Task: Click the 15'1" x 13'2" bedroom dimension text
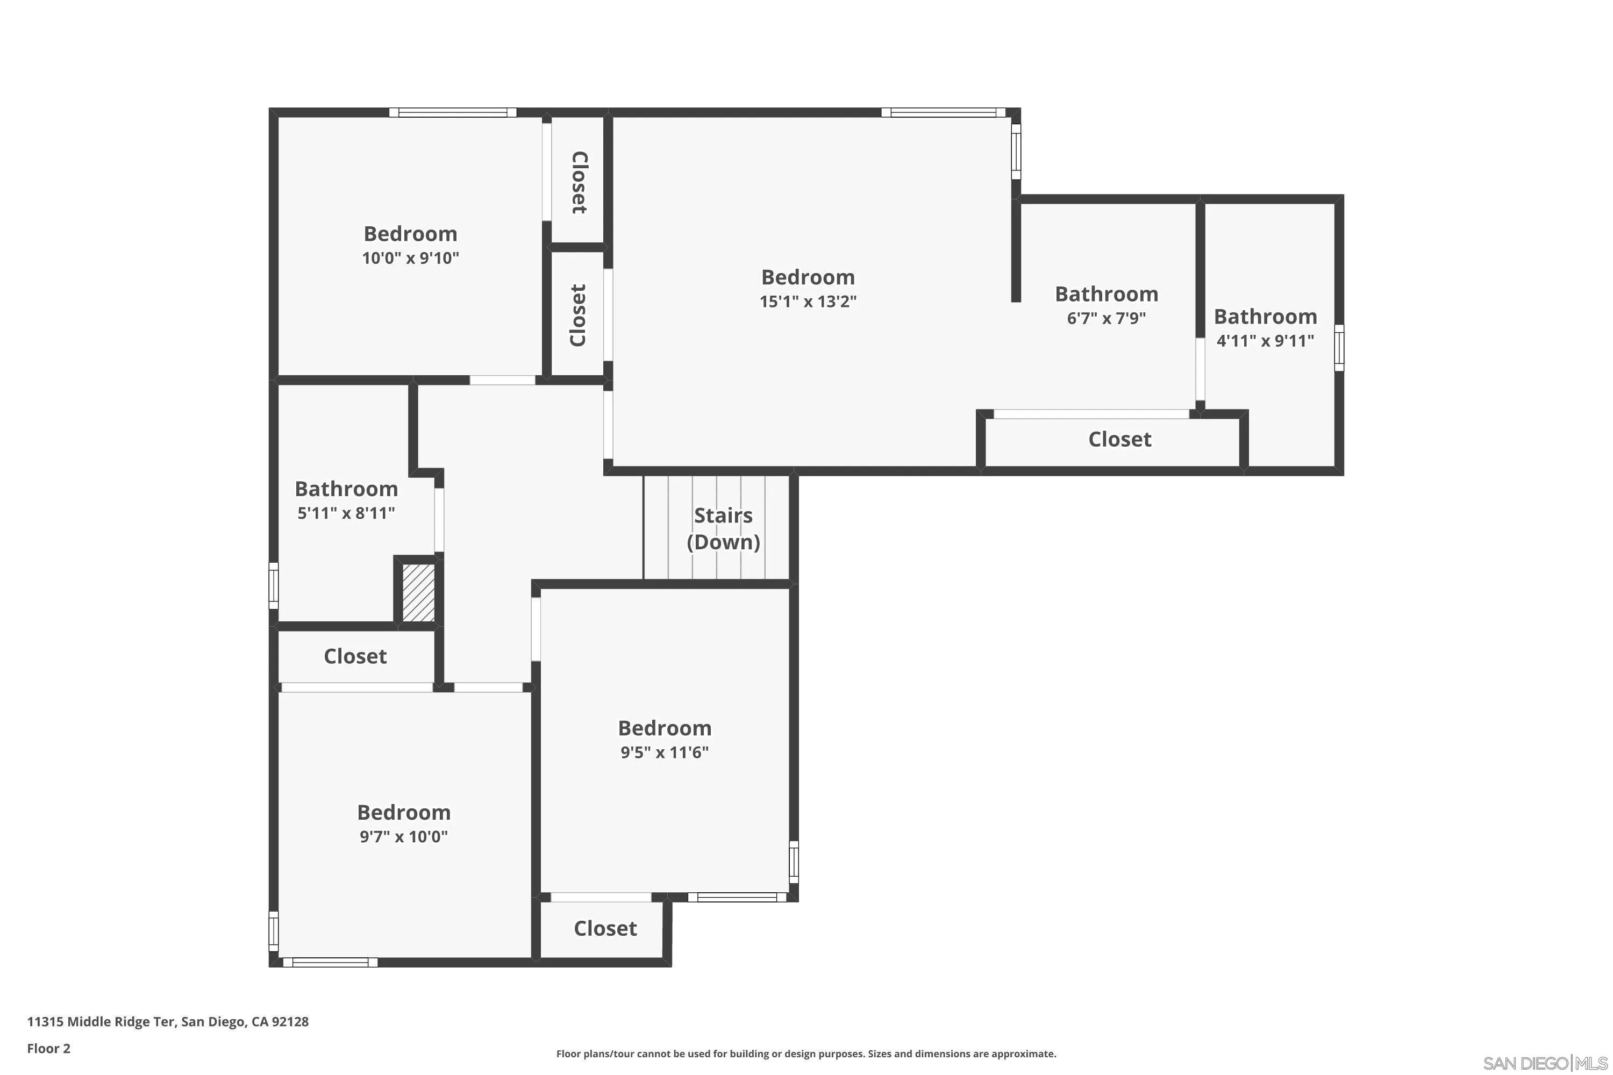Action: point(808,301)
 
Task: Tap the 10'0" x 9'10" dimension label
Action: point(410,258)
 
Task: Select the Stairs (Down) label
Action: point(724,528)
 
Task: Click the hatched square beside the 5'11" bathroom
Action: point(418,592)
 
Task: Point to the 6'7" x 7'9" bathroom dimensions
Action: point(1106,318)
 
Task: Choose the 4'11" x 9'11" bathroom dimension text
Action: point(1265,341)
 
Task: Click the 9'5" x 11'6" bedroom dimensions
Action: point(665,752)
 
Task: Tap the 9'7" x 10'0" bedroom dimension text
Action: point(404,836)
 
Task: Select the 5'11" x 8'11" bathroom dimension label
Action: point(346,513)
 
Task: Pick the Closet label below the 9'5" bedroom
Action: point(605,928)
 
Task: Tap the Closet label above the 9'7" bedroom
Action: point(355,656)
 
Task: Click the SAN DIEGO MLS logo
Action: point(1545,1063)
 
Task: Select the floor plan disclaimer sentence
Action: point(806,1053)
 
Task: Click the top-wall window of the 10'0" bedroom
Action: point(453,112)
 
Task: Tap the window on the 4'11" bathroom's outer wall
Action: point(1339,348)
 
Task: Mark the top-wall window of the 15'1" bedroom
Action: point(944,112)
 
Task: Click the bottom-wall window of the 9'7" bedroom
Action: point(331,963)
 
